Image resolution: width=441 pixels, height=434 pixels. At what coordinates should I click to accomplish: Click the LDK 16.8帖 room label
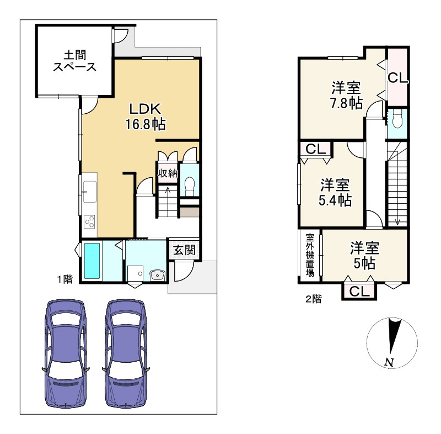(146, 117)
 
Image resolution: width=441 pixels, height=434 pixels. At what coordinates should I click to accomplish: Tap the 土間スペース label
(75, 61)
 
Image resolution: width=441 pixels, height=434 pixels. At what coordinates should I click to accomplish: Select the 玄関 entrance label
(184, 250)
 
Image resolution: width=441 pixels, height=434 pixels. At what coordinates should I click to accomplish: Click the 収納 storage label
(168, 173)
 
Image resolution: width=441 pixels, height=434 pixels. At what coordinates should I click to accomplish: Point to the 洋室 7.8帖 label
(346, 95)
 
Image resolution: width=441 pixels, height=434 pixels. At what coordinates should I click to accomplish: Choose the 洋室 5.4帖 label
(335, 193)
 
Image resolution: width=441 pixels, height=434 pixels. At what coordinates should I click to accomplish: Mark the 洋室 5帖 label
(364, 256)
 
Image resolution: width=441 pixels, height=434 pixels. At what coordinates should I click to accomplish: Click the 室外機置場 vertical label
(310, 255)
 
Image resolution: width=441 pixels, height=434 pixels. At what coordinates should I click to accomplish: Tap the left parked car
(66, 353)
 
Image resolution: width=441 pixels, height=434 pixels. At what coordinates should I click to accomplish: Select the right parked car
(126, 353)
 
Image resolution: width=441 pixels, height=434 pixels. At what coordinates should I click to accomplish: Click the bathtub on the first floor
(92, 261)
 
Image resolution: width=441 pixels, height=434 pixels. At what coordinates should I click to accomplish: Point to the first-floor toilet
(190, 186)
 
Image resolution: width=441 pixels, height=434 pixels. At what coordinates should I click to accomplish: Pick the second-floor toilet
(397, 118)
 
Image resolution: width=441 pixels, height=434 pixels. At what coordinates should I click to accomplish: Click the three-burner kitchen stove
(90, 221)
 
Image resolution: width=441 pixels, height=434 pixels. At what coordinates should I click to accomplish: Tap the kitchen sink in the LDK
(90, 192)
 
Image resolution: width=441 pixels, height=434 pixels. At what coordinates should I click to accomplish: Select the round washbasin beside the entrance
(158, 275)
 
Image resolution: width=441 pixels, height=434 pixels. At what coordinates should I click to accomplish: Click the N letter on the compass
(389, 362)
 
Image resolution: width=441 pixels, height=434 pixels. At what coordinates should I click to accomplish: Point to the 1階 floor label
(65, 279)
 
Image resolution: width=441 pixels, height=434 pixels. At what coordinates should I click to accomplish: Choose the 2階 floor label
(313, 299)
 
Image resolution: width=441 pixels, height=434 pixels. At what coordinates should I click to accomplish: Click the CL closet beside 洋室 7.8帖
(397, 78)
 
